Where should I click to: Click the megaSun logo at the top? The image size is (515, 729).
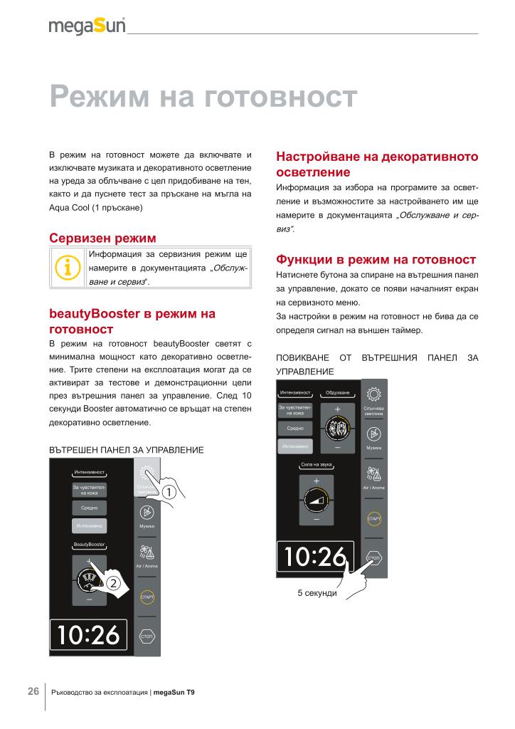point(87,26)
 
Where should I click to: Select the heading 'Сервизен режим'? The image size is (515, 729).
point(102,237)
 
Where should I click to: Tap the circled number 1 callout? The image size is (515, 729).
point(169,492)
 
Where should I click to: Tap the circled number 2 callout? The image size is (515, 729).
point(113,584)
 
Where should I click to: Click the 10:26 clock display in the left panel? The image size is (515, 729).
point(88,635)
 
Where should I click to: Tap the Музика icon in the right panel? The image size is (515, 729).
point(373,434)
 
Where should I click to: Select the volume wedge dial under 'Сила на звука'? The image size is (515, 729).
point(316,500)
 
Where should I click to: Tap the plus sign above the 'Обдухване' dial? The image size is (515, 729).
point(337,409)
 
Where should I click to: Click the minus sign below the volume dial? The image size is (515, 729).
point(316,520)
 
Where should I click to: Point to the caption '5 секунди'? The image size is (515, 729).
point(317,593)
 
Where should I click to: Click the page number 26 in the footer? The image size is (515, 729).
point(33,691)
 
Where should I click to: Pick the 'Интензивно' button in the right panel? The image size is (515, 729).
point(297,446)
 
